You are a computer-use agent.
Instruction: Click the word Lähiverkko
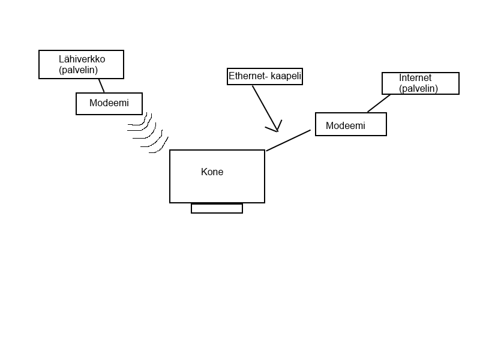82,59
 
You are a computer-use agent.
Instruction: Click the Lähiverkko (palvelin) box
81,64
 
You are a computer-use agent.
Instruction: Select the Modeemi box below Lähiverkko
109,103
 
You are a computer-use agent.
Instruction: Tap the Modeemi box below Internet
350,124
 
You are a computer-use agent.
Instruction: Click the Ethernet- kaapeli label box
265,77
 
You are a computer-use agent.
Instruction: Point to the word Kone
212,172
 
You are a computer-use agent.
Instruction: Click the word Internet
415,78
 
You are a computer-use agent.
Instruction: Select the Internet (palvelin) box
420,83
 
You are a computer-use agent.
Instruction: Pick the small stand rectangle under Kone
217,208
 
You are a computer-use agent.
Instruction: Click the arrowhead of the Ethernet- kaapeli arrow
276,128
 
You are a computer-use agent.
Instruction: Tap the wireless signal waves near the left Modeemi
146,133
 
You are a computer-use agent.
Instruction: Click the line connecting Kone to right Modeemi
288,140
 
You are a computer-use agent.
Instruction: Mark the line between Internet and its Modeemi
379,103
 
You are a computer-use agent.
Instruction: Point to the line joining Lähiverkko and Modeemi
101,85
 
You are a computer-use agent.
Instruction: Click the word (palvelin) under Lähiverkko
78,70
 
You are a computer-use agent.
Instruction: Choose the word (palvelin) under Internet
418,89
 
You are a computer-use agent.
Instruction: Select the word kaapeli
285,77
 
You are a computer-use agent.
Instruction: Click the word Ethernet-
247,77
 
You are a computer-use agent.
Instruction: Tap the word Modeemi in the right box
345,126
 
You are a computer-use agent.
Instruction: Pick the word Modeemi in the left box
109,103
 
